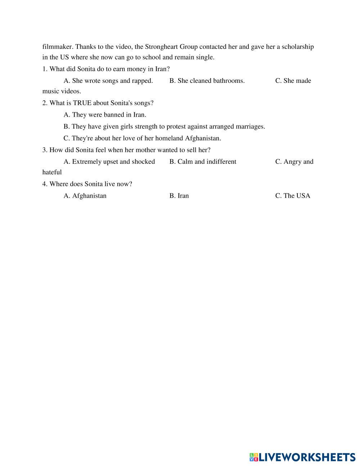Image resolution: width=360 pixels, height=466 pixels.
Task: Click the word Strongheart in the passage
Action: pos(161,47)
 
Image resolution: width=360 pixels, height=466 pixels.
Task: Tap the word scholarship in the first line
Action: pos(298,47)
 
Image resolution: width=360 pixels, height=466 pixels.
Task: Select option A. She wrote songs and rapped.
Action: pos(108,81)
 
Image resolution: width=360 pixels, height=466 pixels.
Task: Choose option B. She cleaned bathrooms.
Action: pos(207,81)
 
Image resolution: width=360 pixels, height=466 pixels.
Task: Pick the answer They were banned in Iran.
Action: pos(105,115)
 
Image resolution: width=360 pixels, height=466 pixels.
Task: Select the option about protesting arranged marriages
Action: pos(164,126)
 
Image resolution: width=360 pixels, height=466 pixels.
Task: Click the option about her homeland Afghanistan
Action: pos(142,138)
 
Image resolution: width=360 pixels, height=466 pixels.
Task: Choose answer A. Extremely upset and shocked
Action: pos(109,162)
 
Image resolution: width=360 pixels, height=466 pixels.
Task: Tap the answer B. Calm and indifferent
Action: pos(203,162)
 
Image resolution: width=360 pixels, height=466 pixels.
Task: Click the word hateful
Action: pos(52,172)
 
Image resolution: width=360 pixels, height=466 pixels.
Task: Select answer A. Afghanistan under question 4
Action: pos(85,196)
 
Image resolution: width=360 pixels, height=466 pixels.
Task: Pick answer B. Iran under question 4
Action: pos(179,196)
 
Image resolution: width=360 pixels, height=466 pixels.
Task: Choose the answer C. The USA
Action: pos(292,196)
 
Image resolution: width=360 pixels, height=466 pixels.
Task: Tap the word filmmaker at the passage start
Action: pos(58,47)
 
